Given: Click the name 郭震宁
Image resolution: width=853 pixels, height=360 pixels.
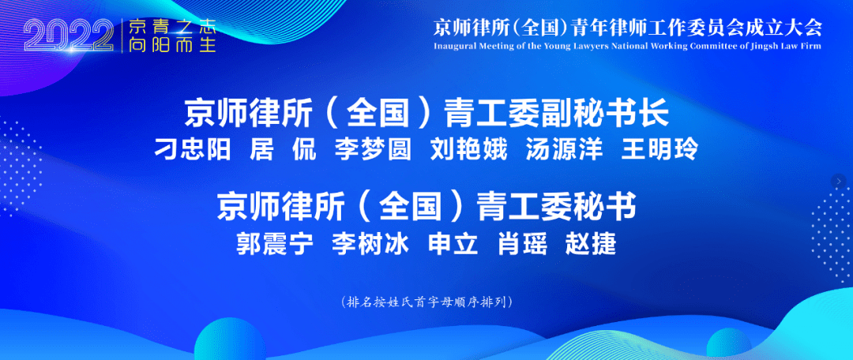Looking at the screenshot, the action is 275,245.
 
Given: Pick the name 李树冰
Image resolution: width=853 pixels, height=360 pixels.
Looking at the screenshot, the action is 370,245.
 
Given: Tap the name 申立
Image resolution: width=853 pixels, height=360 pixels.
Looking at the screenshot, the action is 453,245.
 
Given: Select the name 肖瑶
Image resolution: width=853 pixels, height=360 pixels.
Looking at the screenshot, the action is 523,245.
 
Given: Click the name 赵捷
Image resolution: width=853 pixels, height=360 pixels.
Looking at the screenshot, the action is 592,245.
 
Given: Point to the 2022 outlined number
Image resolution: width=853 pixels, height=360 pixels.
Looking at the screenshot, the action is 69,37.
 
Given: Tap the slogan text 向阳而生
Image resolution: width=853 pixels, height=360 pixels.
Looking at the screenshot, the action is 172,44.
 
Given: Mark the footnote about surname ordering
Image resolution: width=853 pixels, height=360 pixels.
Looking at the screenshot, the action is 426,302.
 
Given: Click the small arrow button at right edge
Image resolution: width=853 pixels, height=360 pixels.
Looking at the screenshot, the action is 840,181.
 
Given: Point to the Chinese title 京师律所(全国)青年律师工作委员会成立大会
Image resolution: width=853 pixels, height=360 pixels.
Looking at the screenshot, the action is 628,27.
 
